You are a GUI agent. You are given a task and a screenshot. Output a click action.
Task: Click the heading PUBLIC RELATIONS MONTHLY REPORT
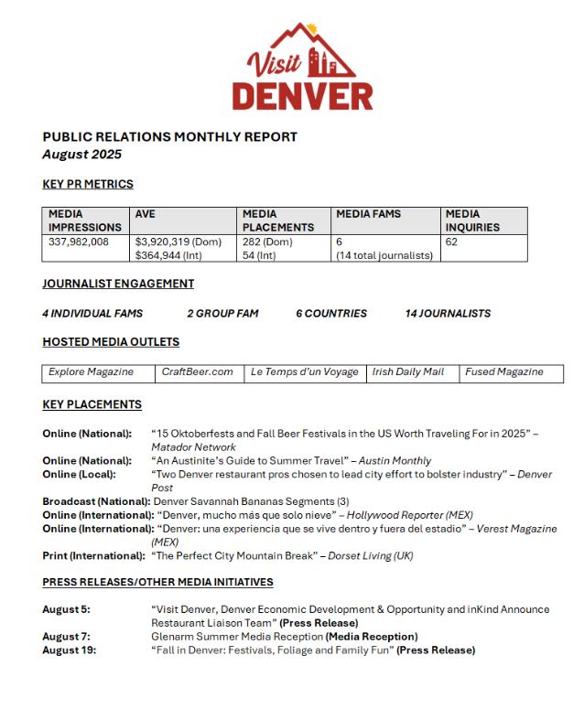coord(169,137)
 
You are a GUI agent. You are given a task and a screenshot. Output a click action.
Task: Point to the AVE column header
coord(146,214)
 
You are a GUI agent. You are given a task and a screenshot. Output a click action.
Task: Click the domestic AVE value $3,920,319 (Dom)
coord(178,242)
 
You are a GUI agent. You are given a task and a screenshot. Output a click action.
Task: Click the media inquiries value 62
coord(451,242)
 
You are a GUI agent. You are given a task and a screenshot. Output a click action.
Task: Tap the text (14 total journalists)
coord(384,255)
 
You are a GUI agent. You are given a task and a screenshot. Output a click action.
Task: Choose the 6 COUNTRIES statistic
coord(331,313)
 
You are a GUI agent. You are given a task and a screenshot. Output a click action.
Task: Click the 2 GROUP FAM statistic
coord(222,313)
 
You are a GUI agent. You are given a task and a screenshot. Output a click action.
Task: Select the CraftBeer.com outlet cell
coord(197,372)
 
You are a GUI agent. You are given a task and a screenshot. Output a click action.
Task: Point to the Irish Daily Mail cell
coord(408,372)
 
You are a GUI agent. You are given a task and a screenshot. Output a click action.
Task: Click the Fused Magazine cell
coord(504,372)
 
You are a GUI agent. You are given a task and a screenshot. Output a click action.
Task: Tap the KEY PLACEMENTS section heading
coord(92,404)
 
